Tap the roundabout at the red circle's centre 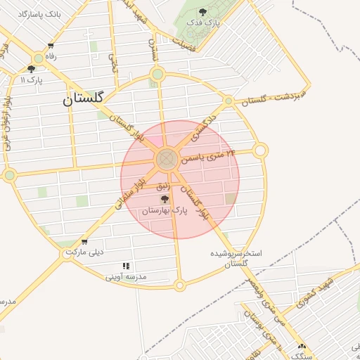click(167, 159)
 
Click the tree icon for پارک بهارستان click(165, 200)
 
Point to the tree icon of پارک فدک click(203, 12)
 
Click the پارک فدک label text click(203, 23)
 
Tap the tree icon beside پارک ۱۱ click(31, 69)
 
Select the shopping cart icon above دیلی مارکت click(84, 241)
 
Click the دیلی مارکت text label click(84, 252)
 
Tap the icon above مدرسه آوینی click(126, 266)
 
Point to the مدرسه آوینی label click(126, 277)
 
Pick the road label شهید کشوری click(312, 293)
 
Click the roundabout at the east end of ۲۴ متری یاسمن click(260, 150)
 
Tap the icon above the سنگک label click(302, 346)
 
